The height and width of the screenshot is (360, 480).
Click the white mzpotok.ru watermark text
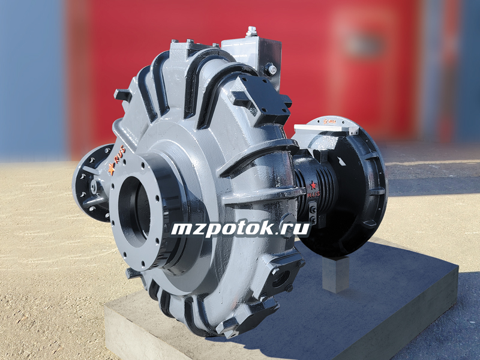(x=241, y=229)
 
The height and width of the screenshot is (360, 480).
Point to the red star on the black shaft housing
(x=313, y=185)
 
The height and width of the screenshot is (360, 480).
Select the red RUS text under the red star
(x=313, y=194)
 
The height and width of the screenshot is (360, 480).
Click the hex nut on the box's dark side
(x=271, y=69)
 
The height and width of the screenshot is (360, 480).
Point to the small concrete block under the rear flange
(x=336, y=274)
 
